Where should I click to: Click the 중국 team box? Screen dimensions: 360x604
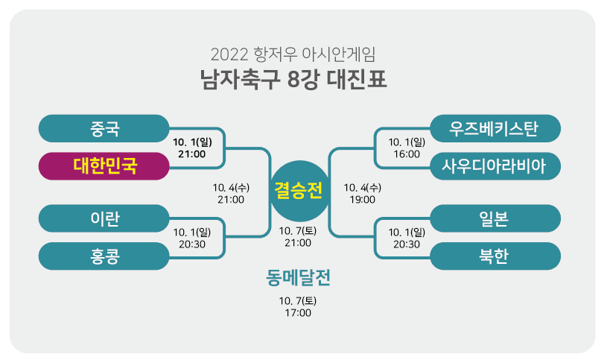pos(104,128)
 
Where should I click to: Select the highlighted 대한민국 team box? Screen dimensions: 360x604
pos(104,165)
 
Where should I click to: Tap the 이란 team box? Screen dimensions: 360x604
pos(104,218)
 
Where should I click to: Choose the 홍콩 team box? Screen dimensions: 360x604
pos(104,256)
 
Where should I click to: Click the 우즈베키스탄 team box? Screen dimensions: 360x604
pos(495,128)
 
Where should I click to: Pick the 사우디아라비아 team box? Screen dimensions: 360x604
pos(495,165)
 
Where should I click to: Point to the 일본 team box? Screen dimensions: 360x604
pos(495,218)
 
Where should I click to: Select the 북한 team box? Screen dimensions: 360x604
pos(495,256)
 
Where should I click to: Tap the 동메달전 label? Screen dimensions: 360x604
pos(298,279)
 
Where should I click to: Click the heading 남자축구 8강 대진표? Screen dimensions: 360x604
pos(293,79)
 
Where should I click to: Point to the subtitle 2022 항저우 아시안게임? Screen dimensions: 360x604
pos(293,54)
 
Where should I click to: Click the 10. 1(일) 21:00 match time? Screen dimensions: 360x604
pos(192,148)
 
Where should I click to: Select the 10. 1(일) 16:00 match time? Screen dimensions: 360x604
pos(407,148)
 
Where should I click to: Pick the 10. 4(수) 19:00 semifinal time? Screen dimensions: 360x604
pos(363,193)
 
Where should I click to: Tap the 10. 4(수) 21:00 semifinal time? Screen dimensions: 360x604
pos(231,193)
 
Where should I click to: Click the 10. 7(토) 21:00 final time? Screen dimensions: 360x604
pos(298,237)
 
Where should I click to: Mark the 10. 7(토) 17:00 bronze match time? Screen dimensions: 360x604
pos(298,306)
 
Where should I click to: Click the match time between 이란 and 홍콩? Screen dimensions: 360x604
pos(192,238)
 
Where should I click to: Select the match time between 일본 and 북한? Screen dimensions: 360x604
pos(407,238)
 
